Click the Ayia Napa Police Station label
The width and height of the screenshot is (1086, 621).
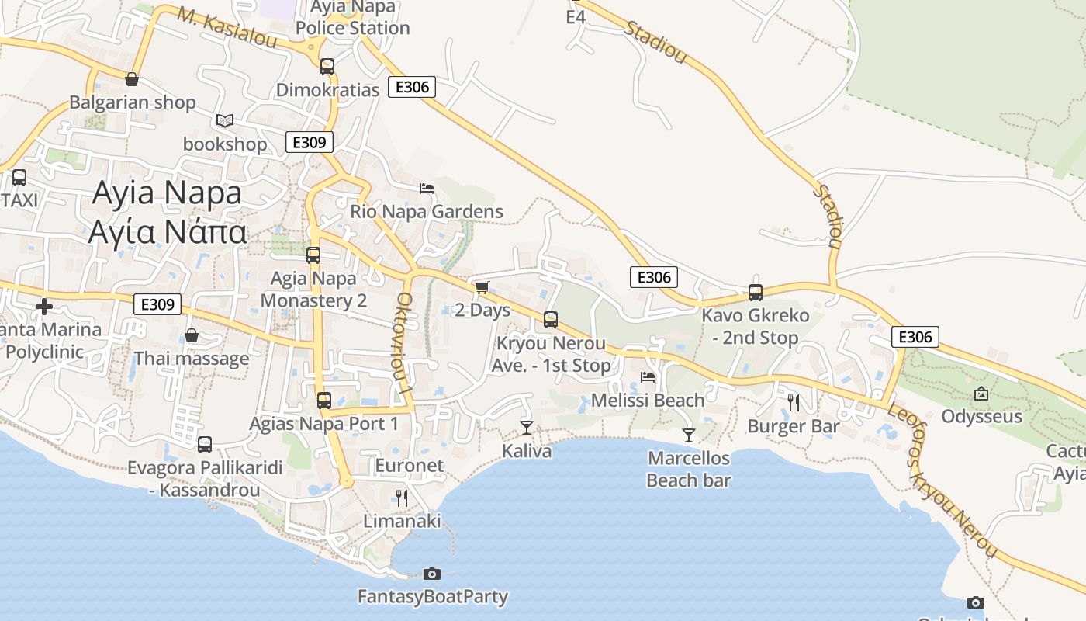[352, 18]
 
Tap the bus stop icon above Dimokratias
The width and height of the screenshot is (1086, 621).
[327, 67]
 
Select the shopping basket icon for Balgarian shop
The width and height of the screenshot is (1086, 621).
[132, 79]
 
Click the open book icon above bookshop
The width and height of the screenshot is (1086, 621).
[225, 121]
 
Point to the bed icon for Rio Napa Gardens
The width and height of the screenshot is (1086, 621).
[426, 188]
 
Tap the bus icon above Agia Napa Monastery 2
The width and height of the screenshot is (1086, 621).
[313, 255]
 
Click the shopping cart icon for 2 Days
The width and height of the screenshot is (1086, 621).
[482, 288]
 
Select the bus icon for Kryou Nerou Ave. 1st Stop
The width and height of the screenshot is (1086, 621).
[551, 319]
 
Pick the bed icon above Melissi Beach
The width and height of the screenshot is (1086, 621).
[648, 377]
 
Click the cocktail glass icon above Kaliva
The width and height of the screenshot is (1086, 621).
[527, 427]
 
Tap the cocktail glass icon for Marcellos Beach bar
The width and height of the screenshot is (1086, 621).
[688, 435]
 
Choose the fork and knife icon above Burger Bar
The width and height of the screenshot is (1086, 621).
[793, 402]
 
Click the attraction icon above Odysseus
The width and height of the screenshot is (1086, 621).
[981, 394]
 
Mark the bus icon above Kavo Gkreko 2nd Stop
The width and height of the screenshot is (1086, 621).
[756, 293]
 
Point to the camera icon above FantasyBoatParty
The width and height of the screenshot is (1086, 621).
[432, 574]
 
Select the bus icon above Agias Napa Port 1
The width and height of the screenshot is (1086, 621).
[324, 401]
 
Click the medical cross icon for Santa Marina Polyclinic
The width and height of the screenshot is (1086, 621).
[44, 306]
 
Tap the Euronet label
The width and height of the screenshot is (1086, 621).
[409, 466]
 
